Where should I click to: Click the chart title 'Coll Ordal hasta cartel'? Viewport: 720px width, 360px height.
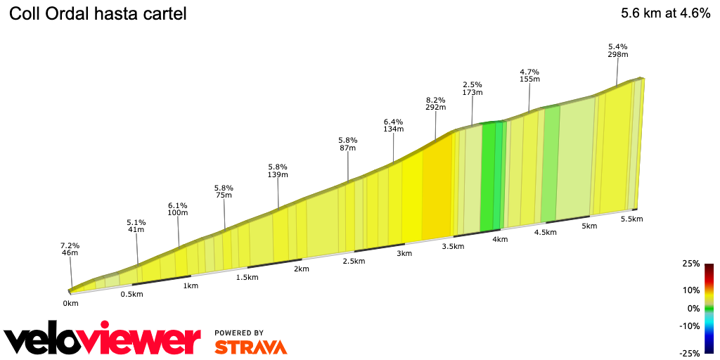[x=98, y=14]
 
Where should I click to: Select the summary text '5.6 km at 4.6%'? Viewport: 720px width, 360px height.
[x=665, y=13]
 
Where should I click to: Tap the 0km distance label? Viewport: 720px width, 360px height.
[x=70, y=303]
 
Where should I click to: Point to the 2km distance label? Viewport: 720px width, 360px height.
[x=302, y=269]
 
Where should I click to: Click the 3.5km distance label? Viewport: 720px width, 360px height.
[x=453, y=246]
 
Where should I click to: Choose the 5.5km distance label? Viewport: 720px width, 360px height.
[x=631, y=219]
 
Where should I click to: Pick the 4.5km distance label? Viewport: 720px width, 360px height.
[x=547, y=233]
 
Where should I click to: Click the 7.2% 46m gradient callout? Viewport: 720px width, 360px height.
[x=70, y=249]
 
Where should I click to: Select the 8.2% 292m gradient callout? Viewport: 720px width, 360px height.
[x=436, y=103]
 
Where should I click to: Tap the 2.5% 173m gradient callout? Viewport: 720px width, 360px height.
[x=472, y=88]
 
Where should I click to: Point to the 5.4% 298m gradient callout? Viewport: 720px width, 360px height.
[x=618, y=50]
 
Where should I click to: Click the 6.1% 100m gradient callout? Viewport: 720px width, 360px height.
[x=178, y=209]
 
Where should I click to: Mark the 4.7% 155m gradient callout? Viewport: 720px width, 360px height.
[x=529, y=75]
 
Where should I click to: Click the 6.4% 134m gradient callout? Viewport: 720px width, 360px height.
[x=394, y=124]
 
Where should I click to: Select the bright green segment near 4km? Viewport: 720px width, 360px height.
[x=487, y=176]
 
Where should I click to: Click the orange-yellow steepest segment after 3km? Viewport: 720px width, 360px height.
[x=436, y=186]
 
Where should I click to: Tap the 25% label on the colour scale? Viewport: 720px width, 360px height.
[x=691, y=264]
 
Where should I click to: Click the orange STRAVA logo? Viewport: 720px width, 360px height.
[x=250, y=347]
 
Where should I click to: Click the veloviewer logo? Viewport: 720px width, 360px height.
[x=102, y=340]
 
